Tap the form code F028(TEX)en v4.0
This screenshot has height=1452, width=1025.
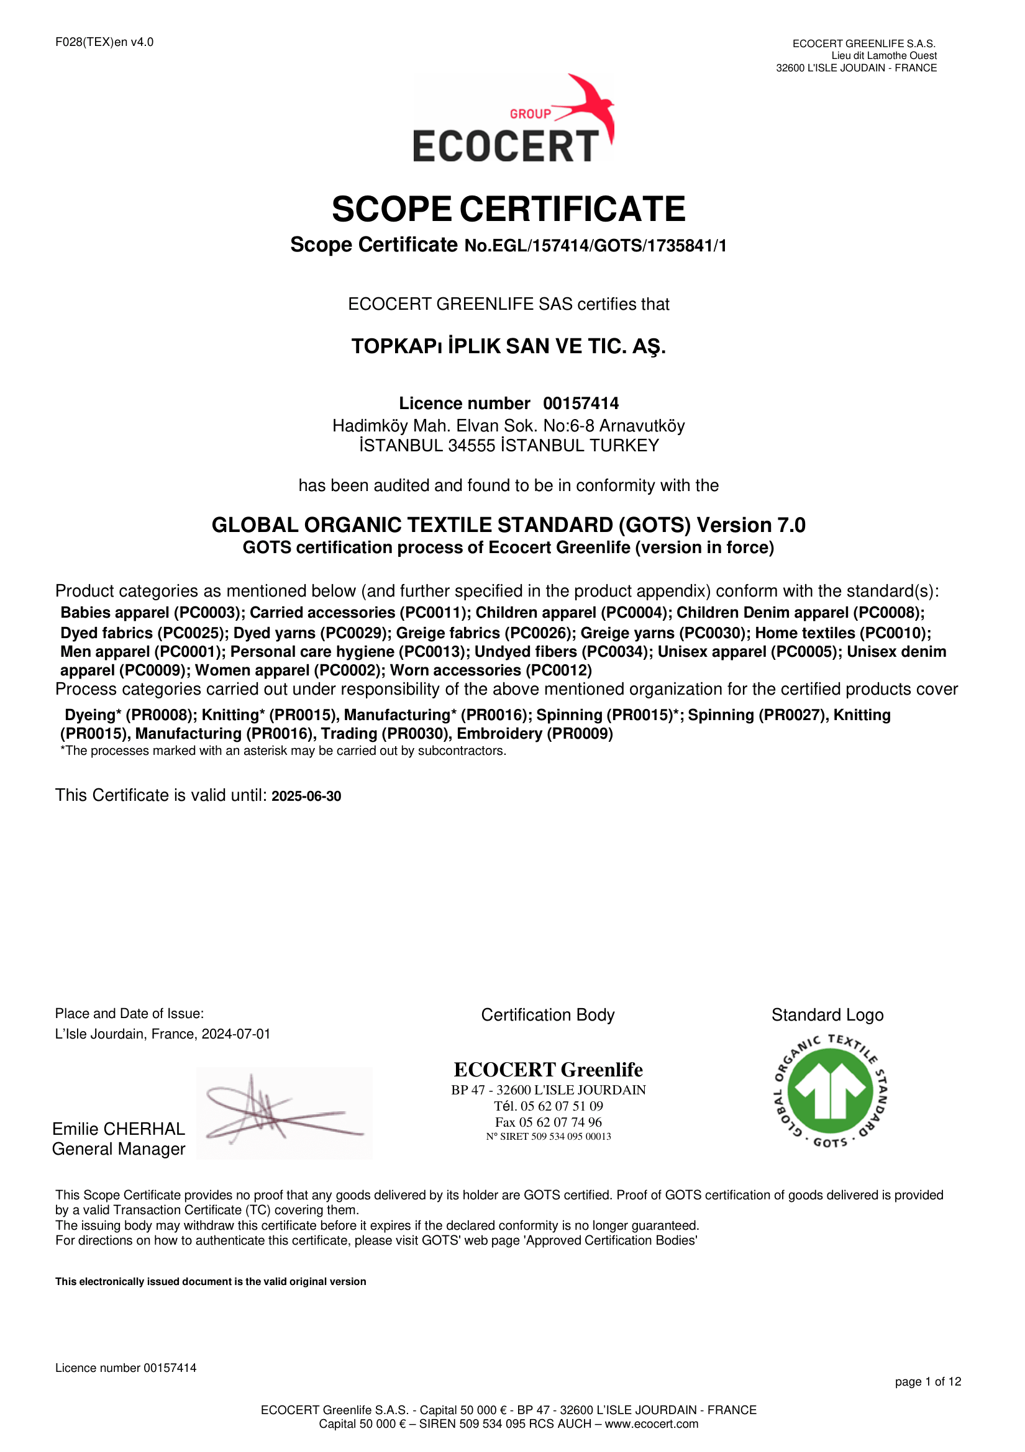coord(104,42)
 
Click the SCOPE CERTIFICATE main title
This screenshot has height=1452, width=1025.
coord(508,209)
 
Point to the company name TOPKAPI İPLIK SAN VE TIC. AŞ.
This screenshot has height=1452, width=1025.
coord(508,346)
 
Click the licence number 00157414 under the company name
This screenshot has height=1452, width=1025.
coord(580,404)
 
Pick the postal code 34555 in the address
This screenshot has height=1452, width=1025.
coord(471,446)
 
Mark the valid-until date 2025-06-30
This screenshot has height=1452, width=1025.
coord(306,796)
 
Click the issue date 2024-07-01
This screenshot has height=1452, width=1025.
coord(236,1034)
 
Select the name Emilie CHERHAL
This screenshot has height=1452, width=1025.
coord(118,1129)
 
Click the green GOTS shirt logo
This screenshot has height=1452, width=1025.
coord(830,1091)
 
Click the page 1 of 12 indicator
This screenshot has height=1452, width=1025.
coord(927,1382)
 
